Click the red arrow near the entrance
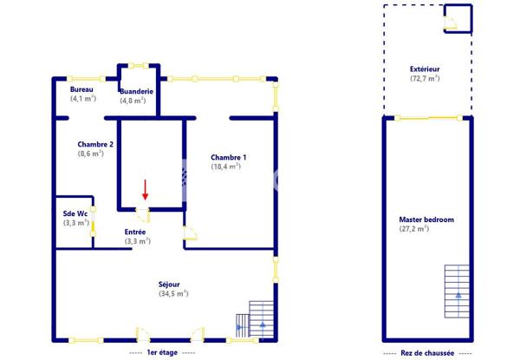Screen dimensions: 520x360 [x=145, y=190]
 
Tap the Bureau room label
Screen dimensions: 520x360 [x=81, y=89]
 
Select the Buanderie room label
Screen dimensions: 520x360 [x=136, y=91]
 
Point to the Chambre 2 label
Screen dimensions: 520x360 [x=95, y=144]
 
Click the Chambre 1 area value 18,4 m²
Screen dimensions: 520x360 [x=226, y=167]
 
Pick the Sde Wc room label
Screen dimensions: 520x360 [x=75, y=213]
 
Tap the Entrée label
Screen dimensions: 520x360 [x=135, y=232]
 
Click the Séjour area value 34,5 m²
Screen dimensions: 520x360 [x=173, y=294]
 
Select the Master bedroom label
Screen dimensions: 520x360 [x=426, y=219]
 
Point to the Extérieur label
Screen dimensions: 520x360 [x=425, y=69]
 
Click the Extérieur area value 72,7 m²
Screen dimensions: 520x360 [x=425, y=79]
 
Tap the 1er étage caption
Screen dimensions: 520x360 [x=162, y=352]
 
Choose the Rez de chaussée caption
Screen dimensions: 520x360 [x=427, y=353]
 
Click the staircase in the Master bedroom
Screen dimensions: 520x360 [x=457, y=291]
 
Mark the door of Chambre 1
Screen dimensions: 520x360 [x=190, y=232]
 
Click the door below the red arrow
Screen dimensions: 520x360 [x=143, y=215]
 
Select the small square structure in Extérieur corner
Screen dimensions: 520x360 [x=458, y=18]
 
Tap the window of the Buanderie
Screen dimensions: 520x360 [x=139, y=65]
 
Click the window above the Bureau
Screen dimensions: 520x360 [x=86, y=79]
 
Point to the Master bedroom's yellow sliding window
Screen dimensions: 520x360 [x=428, y=118]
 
